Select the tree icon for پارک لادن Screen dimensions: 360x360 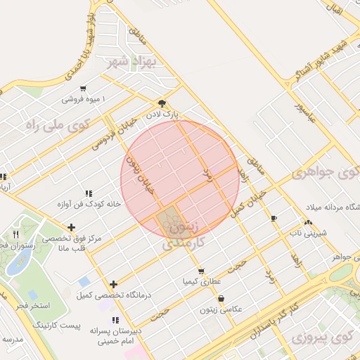click(x=162, y=101)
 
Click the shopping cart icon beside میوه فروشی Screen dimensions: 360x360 click(x=84, y=89)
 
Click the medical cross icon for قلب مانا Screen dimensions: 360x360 click(x=71, y=227)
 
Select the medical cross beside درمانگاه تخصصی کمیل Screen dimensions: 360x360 click(x=112, y=284)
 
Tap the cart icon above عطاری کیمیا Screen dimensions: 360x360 click(x=202, y=271)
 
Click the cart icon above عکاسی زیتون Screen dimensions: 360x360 click(x=221, y=297)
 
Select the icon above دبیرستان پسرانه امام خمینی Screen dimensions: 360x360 click(x=115, y=320)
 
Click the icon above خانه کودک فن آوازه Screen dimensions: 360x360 click(x=89, y=193)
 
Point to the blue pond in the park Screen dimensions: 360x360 click(x=17, y=261)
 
